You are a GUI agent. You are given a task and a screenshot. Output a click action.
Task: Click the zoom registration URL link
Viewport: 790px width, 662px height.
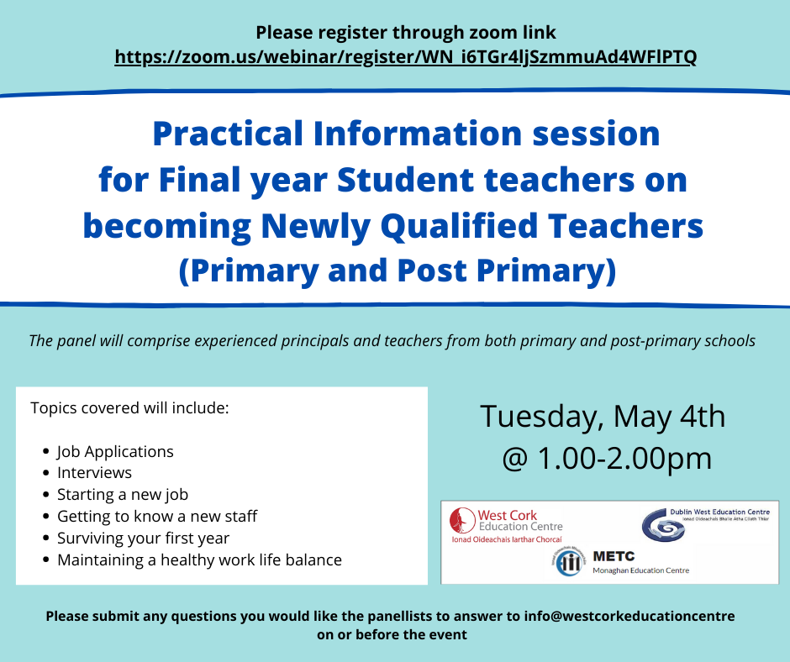coord(405,57)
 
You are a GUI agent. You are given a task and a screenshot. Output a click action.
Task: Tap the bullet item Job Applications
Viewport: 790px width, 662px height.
coord(115,451)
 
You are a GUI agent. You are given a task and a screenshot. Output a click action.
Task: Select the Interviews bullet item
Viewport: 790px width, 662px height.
coord(94,473)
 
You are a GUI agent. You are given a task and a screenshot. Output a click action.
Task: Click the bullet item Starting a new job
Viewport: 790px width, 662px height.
coord(123,495)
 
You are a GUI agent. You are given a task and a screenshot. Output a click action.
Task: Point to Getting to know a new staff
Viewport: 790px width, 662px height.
coord(157,517)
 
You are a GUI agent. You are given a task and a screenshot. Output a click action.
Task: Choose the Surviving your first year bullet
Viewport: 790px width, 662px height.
coord(143,539)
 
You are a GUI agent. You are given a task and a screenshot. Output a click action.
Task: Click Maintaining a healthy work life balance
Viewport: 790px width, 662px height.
coord(199,560)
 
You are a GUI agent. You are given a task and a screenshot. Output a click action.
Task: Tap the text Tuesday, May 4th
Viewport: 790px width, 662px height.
coord(602,417)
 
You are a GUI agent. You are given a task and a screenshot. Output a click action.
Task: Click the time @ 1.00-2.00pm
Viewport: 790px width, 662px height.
coord(606,459)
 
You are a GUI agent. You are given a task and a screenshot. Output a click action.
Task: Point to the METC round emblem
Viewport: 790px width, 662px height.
coord(570,562)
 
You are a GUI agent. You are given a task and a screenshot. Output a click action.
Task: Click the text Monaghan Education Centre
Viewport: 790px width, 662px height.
coord(641,570)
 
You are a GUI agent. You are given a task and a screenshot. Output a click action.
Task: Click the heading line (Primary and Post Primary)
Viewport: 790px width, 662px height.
coord(396,271)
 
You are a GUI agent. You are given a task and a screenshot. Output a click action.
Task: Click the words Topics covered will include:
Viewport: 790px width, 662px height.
coord(129,408)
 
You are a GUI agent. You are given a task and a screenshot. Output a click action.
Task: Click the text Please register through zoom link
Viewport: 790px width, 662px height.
coord(406,34)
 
